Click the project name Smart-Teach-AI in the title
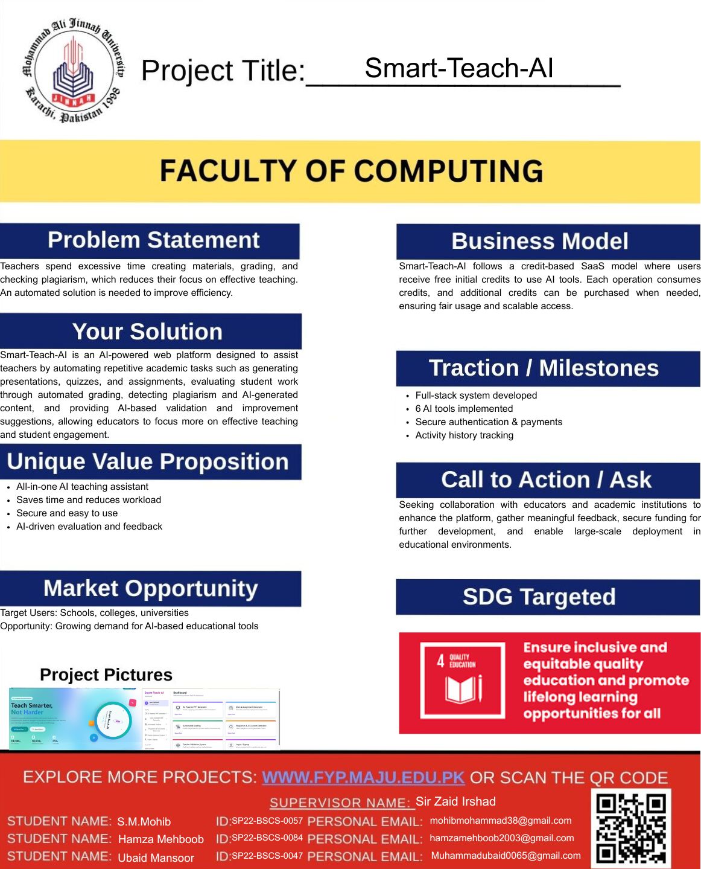pos(458,68)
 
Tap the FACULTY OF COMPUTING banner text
pos(351,171)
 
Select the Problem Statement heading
pos(153,240)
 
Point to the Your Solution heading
pos(147,332)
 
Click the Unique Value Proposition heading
pos(148,461)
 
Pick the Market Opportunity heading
pos(150,588)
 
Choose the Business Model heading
pos(539,241)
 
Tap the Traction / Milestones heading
pos(543,368)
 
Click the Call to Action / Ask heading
pos(546,479)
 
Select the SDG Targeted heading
pos(539,597)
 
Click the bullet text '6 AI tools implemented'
pos(464,409)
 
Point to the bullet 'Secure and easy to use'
pos(67,513)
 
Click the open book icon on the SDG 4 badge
pos(463,688)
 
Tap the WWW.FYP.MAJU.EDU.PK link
pos(363,777)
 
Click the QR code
pos(630,828)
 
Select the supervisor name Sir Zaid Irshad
pos(455,801)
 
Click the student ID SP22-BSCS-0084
pos(267,838)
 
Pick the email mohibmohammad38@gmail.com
pos(500,821)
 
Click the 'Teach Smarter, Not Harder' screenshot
pos(75,717)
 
